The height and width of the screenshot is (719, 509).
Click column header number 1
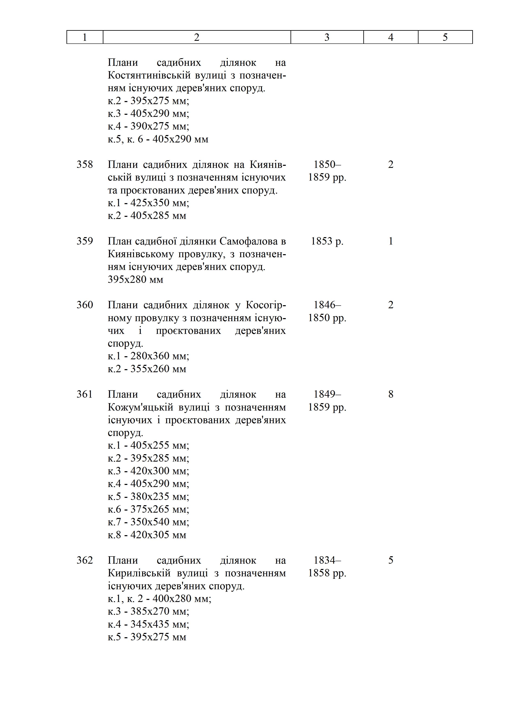(x=85, y=37)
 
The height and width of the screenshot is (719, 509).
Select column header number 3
(x=327, y=37)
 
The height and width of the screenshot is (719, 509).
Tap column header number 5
(x=445, y=37)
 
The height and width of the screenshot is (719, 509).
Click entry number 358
(x=85, y=164)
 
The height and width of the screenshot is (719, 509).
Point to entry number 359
(x=85, y=241)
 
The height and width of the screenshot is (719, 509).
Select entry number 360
(x=85, y=305)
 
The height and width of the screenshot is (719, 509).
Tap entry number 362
(x=85, y=560)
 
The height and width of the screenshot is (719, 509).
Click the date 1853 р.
(x=327, y=241)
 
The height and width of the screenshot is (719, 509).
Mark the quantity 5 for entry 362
(x=391, y=560)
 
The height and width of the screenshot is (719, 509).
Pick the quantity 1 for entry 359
(x=391, y=241)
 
